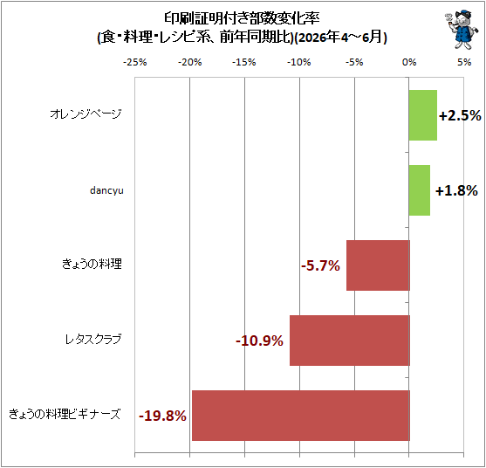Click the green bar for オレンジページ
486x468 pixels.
(x=423, y=115)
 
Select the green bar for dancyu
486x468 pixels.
(x=420, y=190)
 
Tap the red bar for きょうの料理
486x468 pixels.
(x=378, y=265)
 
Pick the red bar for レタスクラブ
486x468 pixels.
(x=350, y=341)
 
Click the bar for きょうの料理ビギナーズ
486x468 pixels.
(x=301, y=416)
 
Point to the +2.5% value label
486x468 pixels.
(x=460, y=115)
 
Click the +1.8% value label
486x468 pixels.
(x=456, y=190)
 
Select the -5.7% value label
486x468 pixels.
(x=320, y=265)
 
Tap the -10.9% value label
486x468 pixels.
(x=259, y=341)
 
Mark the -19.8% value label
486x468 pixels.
(x=162, y=416)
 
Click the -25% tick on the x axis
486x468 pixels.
(x=135, y=62)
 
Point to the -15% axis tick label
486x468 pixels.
(x=244, y=62)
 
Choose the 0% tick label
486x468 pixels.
(x=409, y=62)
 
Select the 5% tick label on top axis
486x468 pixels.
(x=464, y=62)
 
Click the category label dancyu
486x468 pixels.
(x=106, y=190)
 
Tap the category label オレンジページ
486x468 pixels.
(x=86, y=114)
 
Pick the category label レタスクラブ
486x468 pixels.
(x=93, y=340)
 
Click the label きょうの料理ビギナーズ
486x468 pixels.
(x=65, y=415)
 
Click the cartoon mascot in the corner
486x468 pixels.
(x=462, y=29)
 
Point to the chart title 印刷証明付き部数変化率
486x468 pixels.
(x=242, y=18)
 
